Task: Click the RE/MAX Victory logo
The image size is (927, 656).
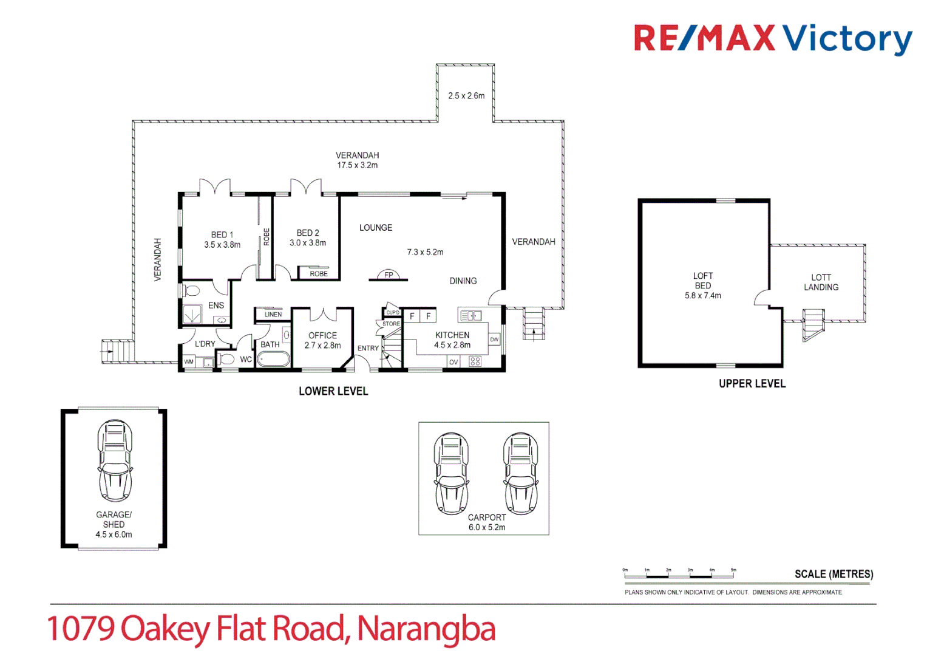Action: tap(772, 38)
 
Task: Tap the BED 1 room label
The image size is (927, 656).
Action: tap(222, 234)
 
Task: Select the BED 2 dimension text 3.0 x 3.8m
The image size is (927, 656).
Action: tap(308, 243)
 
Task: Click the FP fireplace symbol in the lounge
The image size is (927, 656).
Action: tap(389, 275)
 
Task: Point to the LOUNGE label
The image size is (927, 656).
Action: tap(376, 228)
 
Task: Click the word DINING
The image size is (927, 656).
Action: tap(463, 281)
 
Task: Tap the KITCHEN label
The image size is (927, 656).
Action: tap(452, 335)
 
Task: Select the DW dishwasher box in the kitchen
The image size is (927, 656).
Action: tap(494, 340)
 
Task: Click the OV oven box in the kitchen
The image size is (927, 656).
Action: tap(453, 362)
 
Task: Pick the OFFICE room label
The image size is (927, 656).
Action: tap(322, 335)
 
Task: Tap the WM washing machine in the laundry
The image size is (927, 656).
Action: tap(189, 362)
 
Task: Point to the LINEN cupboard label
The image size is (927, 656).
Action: tap(273, 315)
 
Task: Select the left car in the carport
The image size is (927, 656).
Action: tap(451, 474)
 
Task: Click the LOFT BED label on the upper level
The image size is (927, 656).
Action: tap(703, 281)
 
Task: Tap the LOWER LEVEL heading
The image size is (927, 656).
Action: tap(333, 391)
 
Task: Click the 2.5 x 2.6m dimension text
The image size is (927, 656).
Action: tap(466, 96)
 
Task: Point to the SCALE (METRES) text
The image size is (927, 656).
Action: tap(834, 574)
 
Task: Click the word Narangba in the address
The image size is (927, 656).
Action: tap(426, 629)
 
